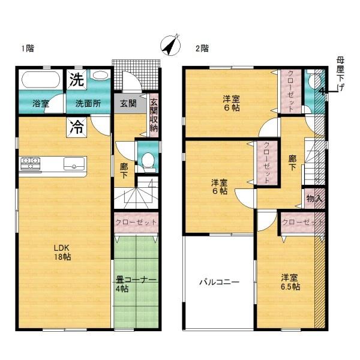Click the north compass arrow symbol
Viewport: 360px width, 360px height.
click(x=170, y=46)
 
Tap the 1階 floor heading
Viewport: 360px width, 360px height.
click(x=28, y=49)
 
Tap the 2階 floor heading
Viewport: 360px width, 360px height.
click(x=202, y=49)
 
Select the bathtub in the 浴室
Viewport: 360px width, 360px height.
click(x=41, y=79)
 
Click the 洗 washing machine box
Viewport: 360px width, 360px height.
click(x=77, y=80)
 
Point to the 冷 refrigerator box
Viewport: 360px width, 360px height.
click(x=77, y=127)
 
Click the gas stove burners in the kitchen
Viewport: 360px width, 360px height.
click(x=31, y=163)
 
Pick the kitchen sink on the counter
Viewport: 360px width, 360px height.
click(x=74, y=164)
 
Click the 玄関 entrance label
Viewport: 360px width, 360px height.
click(x=128, y=104)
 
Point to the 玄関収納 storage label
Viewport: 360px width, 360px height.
click(x=154, y=115)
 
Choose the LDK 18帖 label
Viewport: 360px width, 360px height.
click(x=62, y=252)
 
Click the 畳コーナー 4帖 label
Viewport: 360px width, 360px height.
click(x=136, y=284)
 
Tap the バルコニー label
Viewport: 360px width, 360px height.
click(x=219, y=282)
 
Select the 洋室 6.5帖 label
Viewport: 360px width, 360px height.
click(x=290, y=282)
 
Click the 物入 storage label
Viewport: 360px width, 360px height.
click(x=314, y=199)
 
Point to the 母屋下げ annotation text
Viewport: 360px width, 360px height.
click(x=340, y=74)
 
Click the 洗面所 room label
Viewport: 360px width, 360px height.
click(x=88, y=104)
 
